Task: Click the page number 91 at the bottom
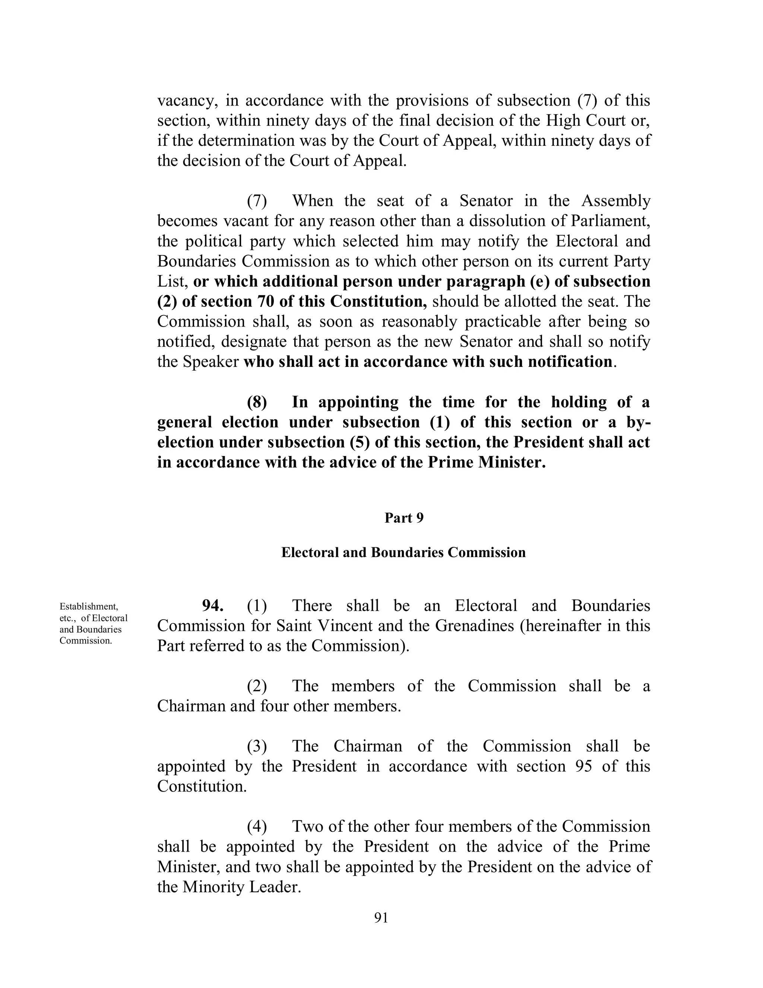(381, 918)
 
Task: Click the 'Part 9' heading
(403, 518)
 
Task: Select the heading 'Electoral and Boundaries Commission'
(403, 553)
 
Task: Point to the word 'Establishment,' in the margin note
(89, 606)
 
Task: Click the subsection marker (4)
(257, 826)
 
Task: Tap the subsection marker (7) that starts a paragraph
(257, 201)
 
